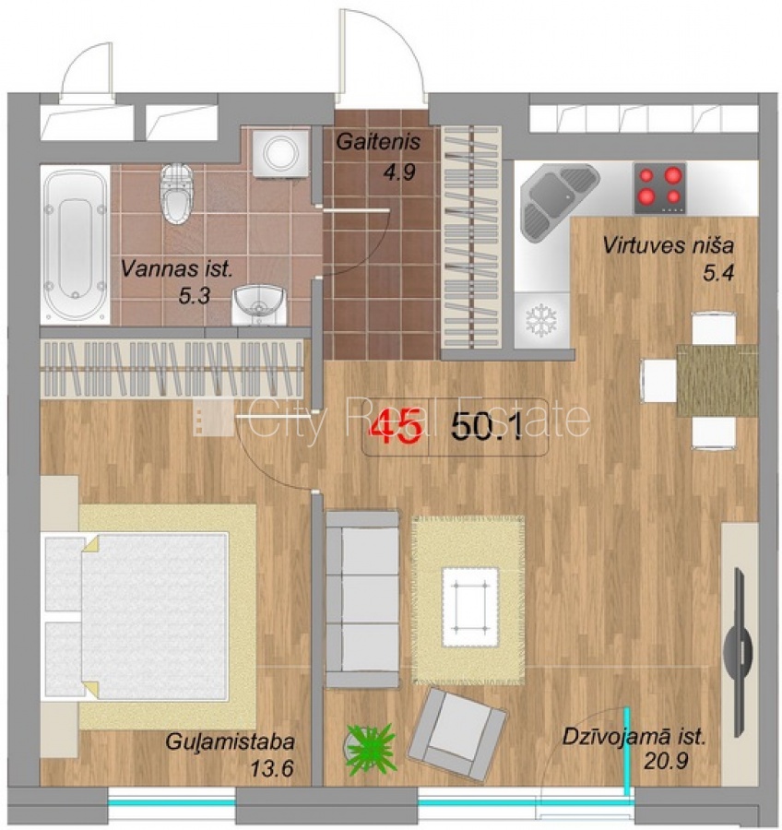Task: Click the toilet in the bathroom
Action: (x=177, y=194)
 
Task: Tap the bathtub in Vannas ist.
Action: (x=76, y=244)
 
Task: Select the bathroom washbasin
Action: (x=259, y=305)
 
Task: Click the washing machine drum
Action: (x=281, y=152)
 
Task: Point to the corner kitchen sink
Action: (x=556, y=199)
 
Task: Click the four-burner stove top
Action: (x=659, y=188)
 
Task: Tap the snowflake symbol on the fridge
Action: (x=541, y=320)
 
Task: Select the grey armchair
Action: (x=457, y=734)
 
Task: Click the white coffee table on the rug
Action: (x=470, y=607)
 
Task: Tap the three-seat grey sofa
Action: (x=362, y=599)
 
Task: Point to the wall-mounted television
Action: (x=738, y=652)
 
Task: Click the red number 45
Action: (x=397, y=426)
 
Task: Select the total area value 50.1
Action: (x=487, y=426)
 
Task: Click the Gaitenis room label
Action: (x=378, y=142)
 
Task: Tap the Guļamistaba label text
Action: (x=230, y=741)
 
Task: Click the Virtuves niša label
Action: (x=669, y=245)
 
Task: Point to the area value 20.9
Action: (x=666, y=761)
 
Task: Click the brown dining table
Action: (x=717, y=380)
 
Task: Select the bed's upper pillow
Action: (x=65, y=575)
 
